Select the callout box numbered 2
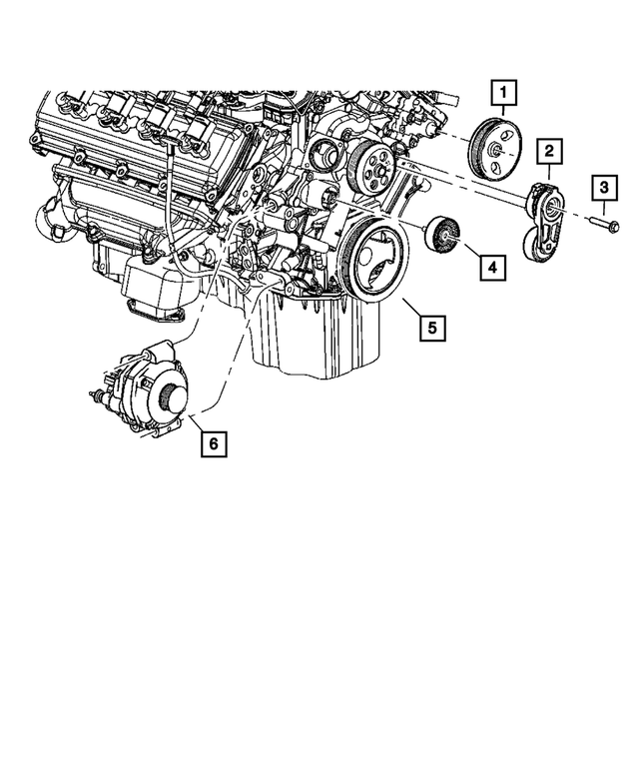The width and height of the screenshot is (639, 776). tap(548, 152)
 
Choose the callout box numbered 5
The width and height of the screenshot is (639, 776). tap(431, 326)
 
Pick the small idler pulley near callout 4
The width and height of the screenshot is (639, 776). tap(442, 236)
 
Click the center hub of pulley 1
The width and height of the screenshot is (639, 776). tap(494, 150)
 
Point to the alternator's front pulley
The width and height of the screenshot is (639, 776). tap(174, 398)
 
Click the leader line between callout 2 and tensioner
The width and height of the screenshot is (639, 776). tap(548, 174)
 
